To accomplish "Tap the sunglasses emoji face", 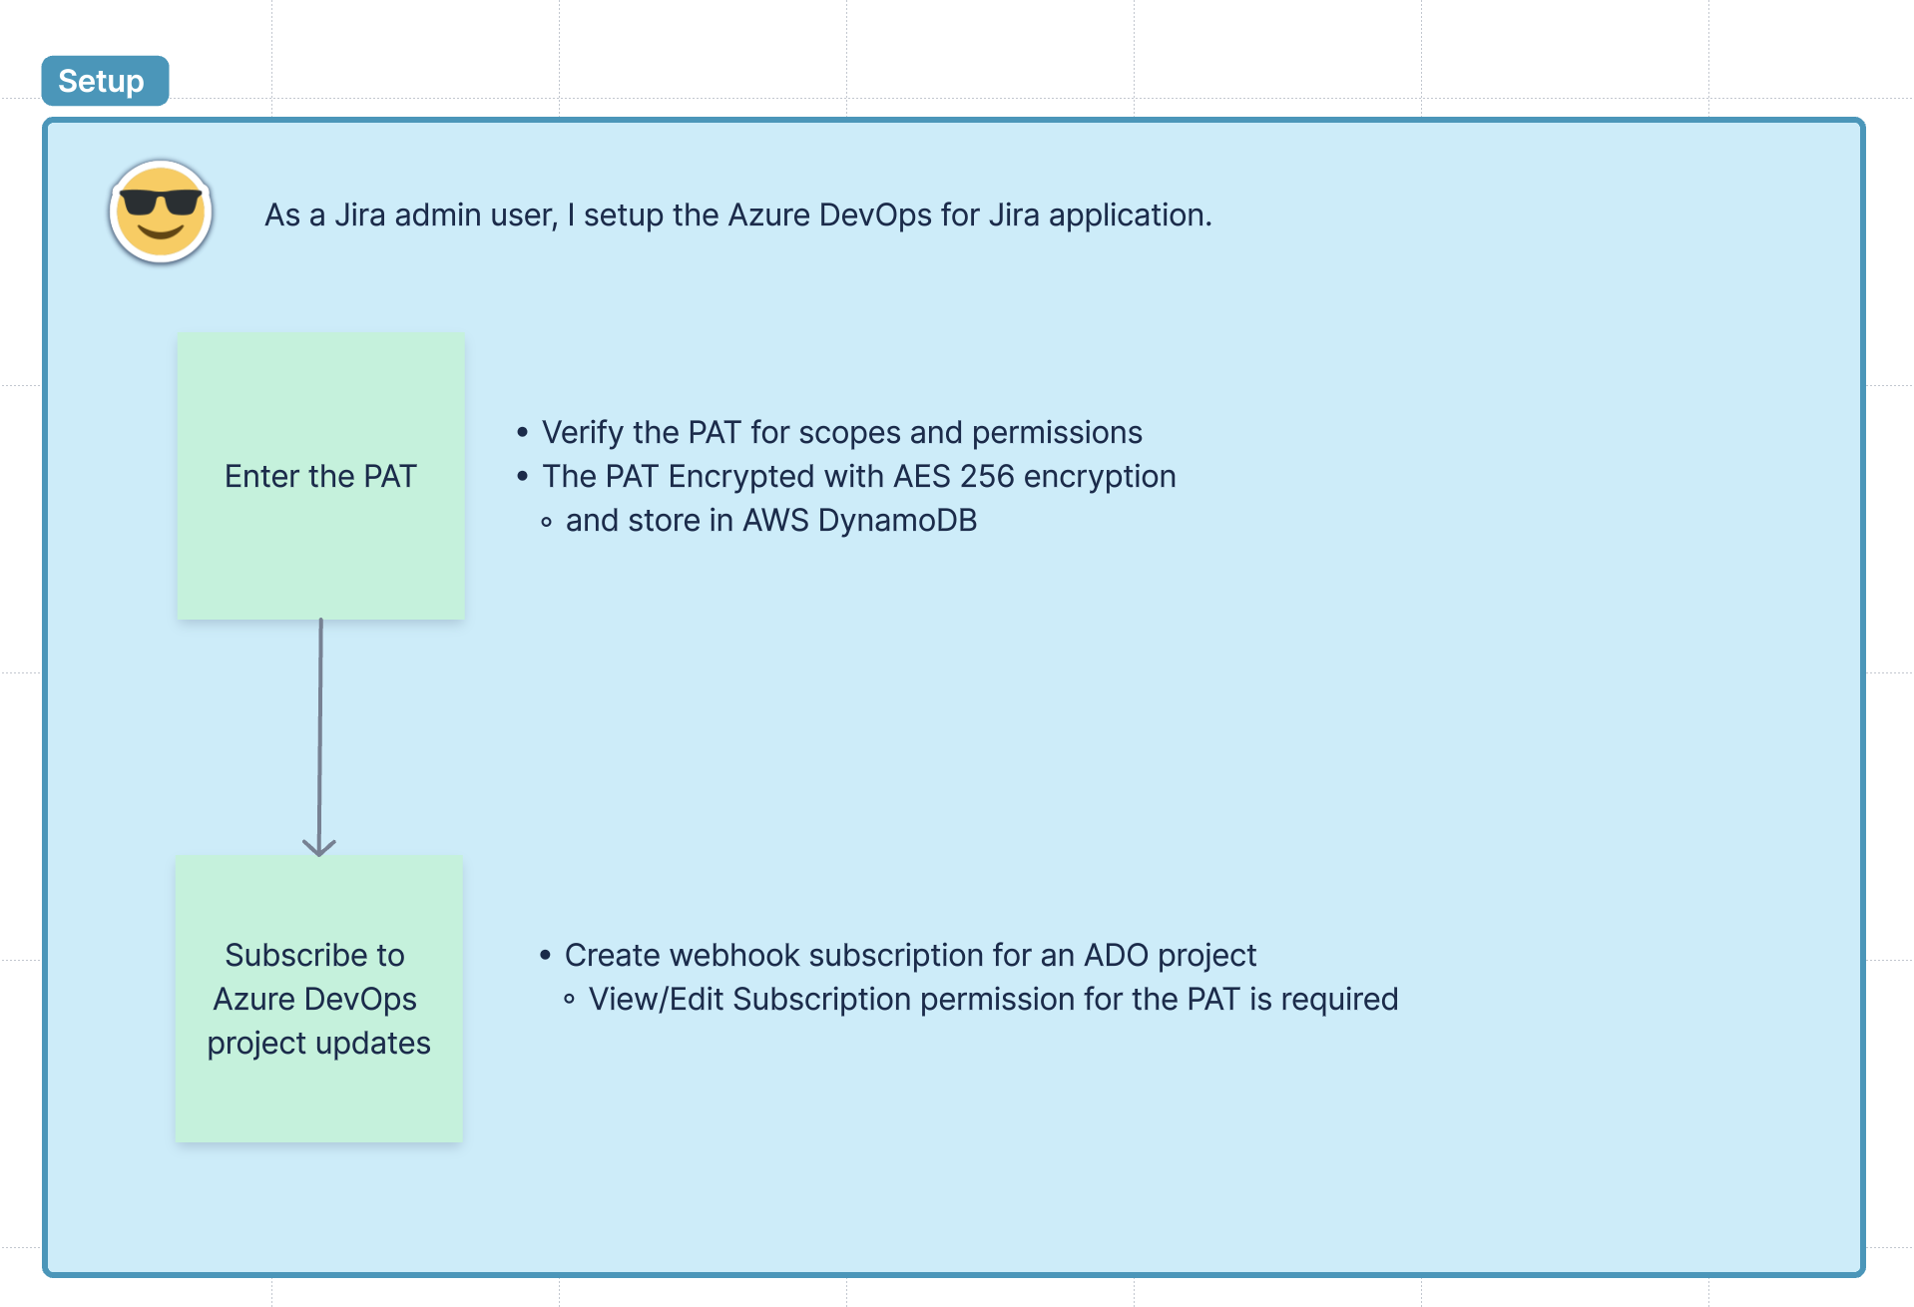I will click(x=160, y=212).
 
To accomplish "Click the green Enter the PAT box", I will click(x=320, y=476).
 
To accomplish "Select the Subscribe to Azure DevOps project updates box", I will click(x=318, y=999).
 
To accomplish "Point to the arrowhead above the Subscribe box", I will click(x=319, y=848).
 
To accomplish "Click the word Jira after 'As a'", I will click(x=359, y=216).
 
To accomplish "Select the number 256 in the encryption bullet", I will click(x=986, y=477).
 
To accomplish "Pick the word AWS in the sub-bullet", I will click(x=775, y=521).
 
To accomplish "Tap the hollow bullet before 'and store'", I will click(x=546, y=522).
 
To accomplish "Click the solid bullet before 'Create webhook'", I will click(x=545, y=956).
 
